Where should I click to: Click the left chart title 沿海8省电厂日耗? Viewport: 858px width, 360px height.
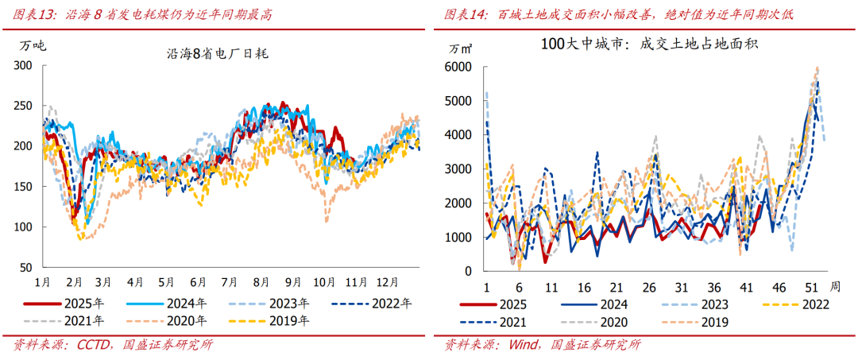pyautogui.click(x=218, y=54)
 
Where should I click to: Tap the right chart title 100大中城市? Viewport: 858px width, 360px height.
pyautogui.click(x=647, y=45)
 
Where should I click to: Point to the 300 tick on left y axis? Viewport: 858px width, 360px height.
pyautogui.click(x=25, y=65)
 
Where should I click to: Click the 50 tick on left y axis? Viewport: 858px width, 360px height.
pyautogui.click(x=29, y=267)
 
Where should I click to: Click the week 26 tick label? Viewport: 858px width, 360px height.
pyautogui.click(x=648, y=287)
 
